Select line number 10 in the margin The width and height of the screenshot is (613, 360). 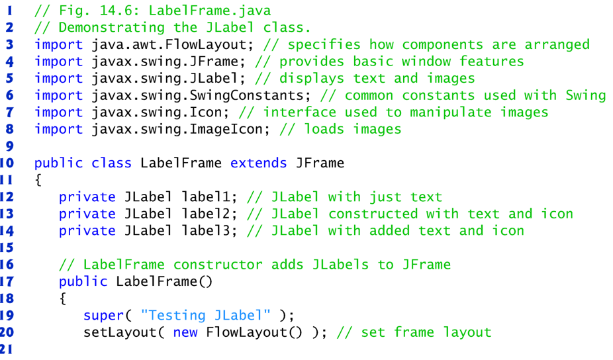tap(8, 163)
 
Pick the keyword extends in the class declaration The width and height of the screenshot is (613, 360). tap(259, 163)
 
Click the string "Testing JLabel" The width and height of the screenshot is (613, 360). tap(206, 315)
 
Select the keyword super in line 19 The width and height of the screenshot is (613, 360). tap(103, 315)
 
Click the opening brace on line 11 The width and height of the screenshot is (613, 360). tap(38, 180)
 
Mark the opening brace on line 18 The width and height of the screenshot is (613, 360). tap(63, 298)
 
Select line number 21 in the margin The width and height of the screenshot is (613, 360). tap(8, 349)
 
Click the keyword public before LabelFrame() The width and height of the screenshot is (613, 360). tap(83, 281)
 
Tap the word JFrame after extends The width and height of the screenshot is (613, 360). tap(320, 163)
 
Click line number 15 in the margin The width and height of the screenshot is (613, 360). tap(8, 247)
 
